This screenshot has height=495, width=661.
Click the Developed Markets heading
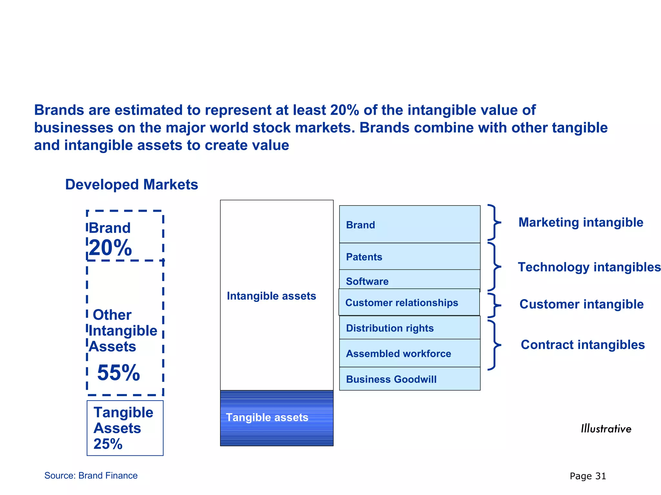click(131, 185)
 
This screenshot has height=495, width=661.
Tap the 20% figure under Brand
click(110, 248)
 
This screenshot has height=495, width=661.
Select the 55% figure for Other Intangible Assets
click(118, 373)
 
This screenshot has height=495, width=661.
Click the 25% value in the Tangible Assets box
click(108, 444)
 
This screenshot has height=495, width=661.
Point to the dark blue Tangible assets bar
click(277, 418)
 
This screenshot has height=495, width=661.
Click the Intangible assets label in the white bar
click(271, 296)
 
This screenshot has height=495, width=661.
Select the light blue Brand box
click(410, 224)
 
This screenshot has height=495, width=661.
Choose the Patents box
click(410, 257)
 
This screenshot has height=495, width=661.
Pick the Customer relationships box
click(409, 302)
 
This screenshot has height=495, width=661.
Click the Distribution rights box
click(410, 328)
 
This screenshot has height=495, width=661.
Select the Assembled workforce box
click(410, 353)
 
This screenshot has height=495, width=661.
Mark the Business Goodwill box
click(410, 379)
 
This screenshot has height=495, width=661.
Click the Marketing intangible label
click(581, 222)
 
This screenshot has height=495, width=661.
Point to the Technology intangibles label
click(589, 267)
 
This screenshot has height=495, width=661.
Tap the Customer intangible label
click(581, 304)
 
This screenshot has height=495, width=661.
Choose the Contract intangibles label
click(583, 345)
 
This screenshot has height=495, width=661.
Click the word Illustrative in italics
click(606, 429)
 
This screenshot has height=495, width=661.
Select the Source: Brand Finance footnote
click(91, 476)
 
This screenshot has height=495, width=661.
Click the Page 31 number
click(588, 476)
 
